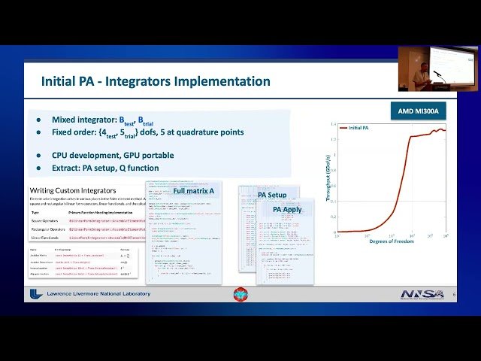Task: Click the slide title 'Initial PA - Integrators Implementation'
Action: tap(156, 81)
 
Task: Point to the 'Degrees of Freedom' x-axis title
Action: tap(391, 241)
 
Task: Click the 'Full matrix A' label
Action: tap(194, 191)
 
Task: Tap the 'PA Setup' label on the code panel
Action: tap(272, 195)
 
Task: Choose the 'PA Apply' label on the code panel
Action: tap(287, 209)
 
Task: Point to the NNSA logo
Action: tap(422, 294)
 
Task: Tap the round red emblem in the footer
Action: tap(240, 294)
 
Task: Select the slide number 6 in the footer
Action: tap(454, 295)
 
